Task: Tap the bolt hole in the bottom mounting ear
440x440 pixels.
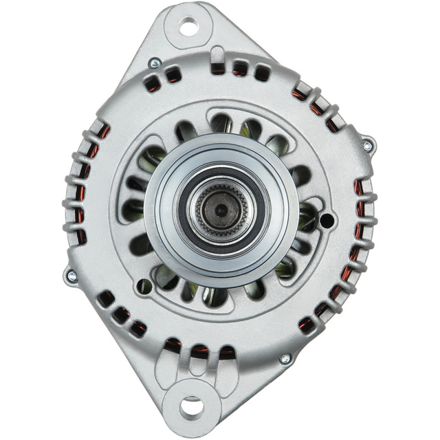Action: pyautogui.click(x=191, y=407)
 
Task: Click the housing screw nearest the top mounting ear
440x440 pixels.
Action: pyautogui.click(x=155, y=64)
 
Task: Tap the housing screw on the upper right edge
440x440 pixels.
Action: pyautogui.click(x=367, y=146)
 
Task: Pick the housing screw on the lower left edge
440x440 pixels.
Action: pyautogui.click(x=71, y=276)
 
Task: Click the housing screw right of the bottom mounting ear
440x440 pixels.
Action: pyautogui.click(x=284, y=359)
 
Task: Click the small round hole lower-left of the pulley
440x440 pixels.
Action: pyautogui.click(x=144, y=286)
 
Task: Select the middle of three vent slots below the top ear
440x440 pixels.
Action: pyautogui.click(x=240, y=68)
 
